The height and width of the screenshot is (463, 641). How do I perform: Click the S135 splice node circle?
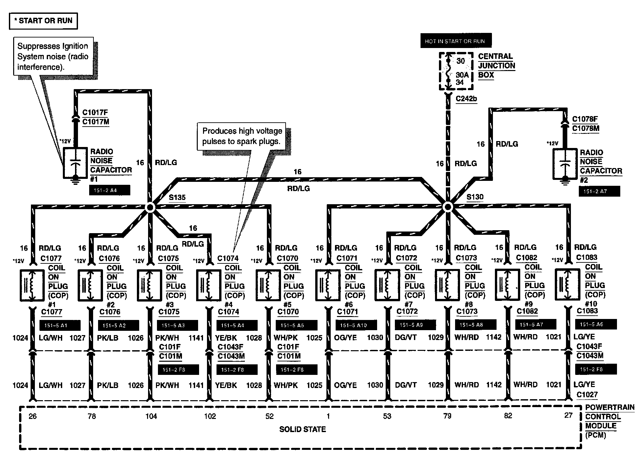(x=150, y=207)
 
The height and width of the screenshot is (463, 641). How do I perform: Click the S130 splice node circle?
(x=448, y=207)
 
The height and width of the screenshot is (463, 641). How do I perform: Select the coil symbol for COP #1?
(x=32, y=285)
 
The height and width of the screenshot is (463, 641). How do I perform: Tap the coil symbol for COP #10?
(x=567, y=284)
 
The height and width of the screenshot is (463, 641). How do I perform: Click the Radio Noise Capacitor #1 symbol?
(x=75, y=163)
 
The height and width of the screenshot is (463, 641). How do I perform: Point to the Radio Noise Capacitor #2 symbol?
(x=565, y=164)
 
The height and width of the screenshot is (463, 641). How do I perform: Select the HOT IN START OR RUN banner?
(x=456, y=41)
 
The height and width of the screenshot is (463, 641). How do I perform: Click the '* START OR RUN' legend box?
(x=43, y=21)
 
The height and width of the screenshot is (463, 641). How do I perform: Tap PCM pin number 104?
(x=151, y=416)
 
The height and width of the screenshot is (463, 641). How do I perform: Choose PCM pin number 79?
(x=448, y=416)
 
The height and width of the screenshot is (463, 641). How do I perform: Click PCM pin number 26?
(x=33, y=416)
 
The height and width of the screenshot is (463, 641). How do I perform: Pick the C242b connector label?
(x=466, y=98)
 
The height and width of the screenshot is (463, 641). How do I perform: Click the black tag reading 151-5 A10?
(x=356, y=325)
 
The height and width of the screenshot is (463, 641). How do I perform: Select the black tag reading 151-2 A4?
(x=110, y=190)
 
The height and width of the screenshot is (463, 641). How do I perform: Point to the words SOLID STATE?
(x=302, y=429)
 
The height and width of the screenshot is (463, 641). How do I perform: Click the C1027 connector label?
(x=587, y=395)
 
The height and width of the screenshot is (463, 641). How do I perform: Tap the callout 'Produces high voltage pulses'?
(x=242, y=136)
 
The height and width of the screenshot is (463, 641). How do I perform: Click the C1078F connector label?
(x=585, y=119)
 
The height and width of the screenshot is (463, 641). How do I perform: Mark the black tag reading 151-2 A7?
(x=599, y=191)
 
